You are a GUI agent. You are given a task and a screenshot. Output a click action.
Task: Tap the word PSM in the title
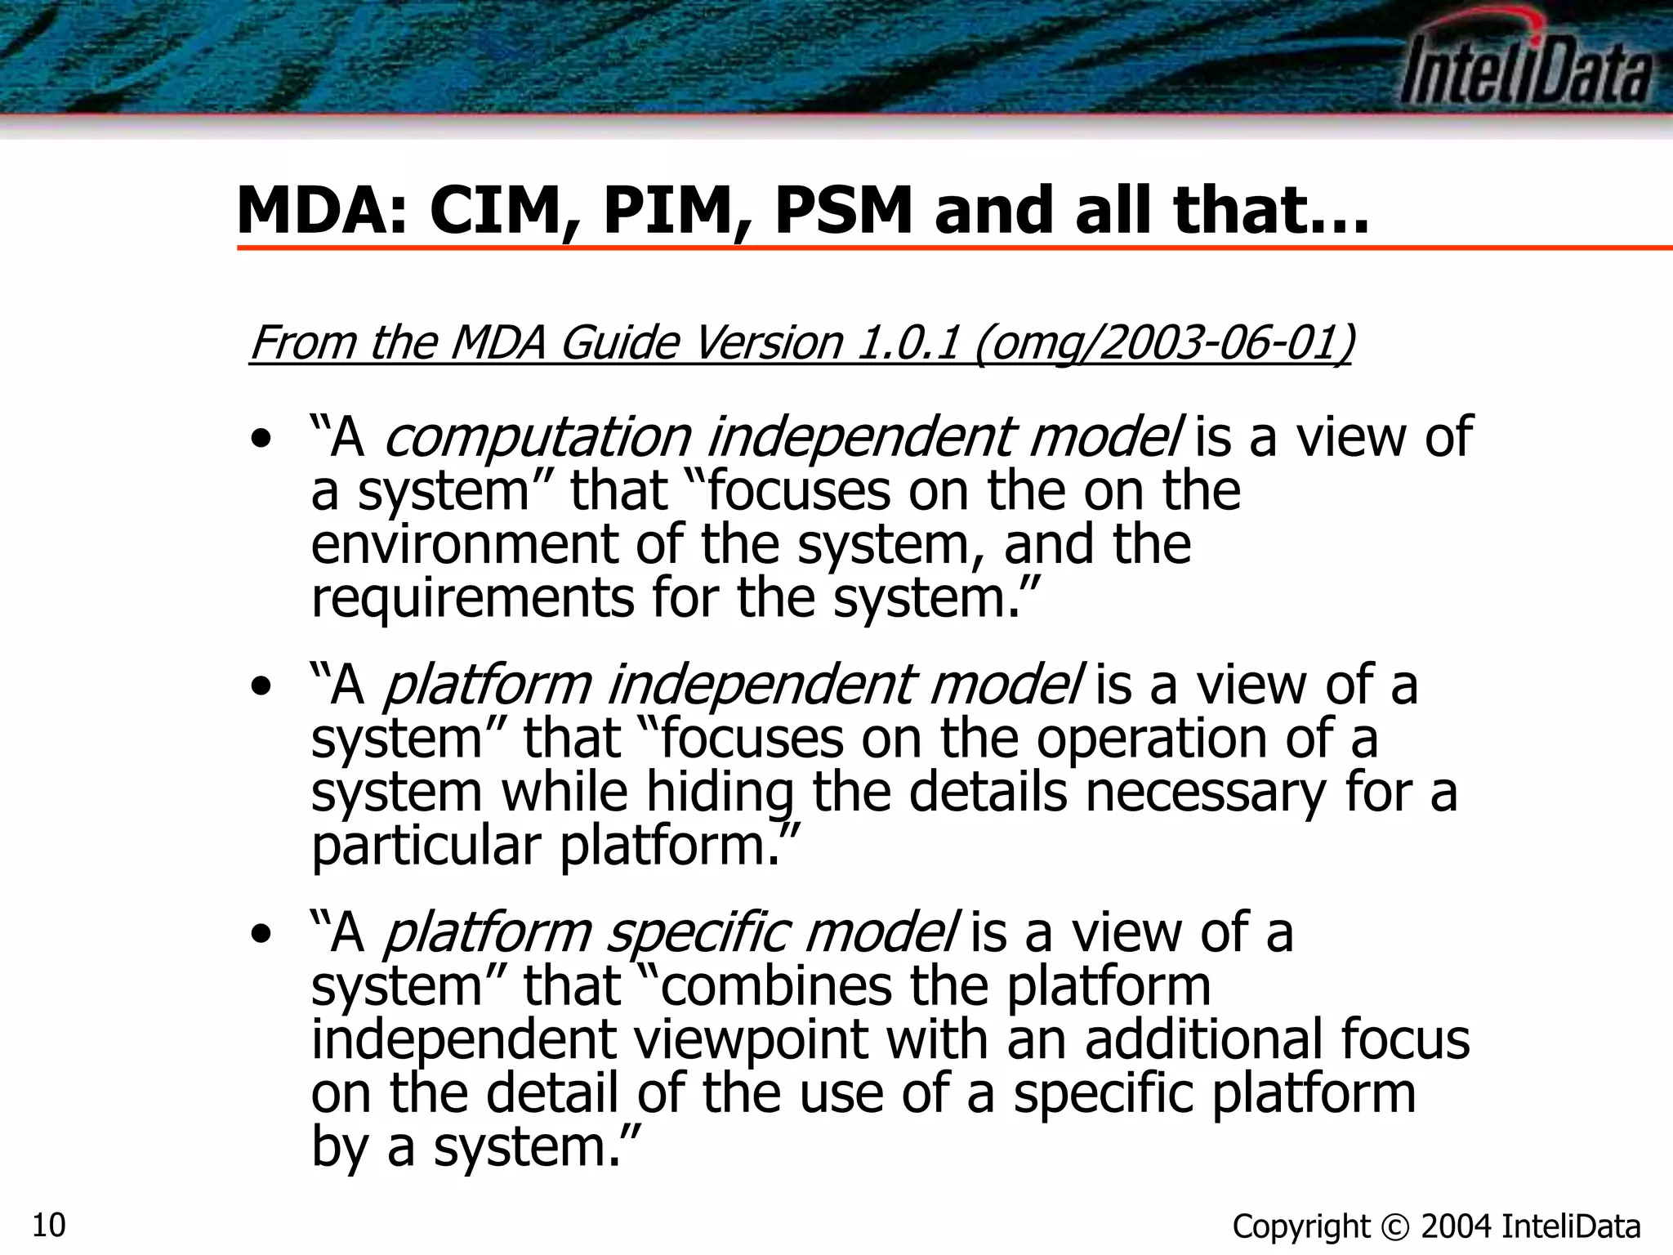click(842, 211)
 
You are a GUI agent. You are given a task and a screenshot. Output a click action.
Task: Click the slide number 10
click(49, 1225)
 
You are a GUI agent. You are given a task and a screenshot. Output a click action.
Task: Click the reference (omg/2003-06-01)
click(1164, 343)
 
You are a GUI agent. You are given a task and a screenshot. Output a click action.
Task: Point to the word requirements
click(472, 599)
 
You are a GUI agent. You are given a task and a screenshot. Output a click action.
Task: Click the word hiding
click(720, 793)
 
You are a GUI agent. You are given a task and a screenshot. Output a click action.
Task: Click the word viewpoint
click(751, 1040)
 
